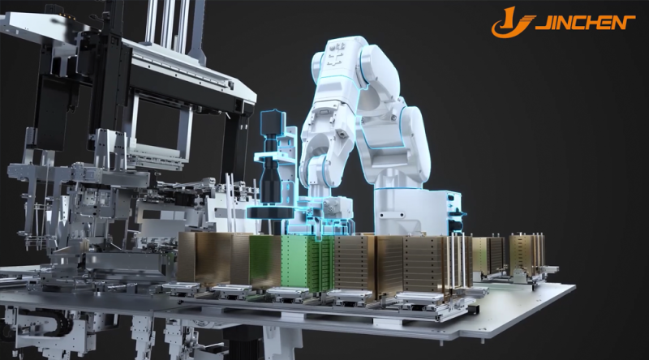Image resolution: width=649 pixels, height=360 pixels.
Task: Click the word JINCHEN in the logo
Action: pyautogui.click(x=585, y=23)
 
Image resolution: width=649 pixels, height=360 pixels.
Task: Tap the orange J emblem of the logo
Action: pyautogui.click(x=512, y=22)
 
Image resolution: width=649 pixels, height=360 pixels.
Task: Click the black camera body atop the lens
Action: pyautogui.click(x=273, y=123)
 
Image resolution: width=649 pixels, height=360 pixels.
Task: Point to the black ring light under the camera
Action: pyautogui.click(x=270, y=212)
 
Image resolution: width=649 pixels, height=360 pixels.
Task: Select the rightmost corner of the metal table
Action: pyautogui.click(x=575, y=285)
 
